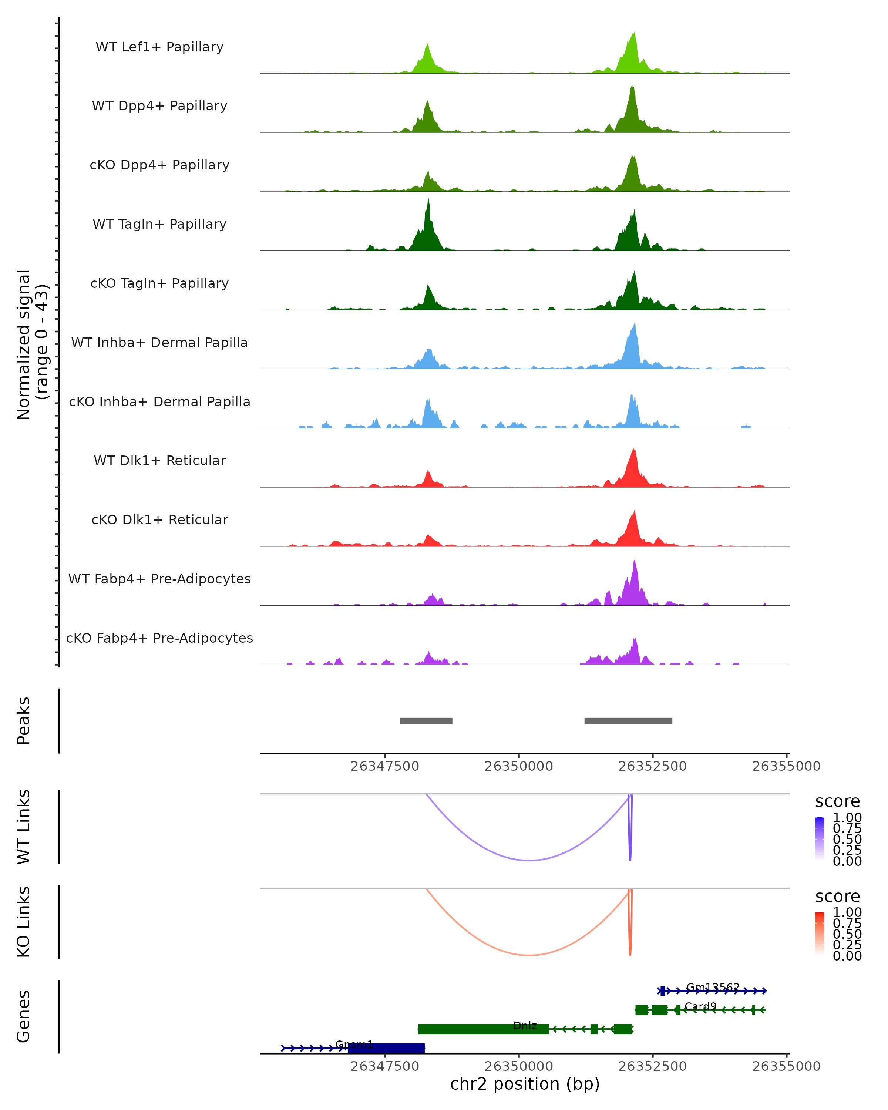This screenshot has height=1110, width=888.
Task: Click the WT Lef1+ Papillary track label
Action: [159, 47]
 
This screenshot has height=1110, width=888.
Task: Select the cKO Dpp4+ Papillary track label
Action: [159, 165]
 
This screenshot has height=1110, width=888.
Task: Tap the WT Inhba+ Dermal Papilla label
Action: [159, 342]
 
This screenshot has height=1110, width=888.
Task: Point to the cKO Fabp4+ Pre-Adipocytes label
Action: [159, 638]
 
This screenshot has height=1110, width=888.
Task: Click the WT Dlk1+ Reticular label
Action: [159, 460]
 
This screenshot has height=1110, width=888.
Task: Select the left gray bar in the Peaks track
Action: [426, 721]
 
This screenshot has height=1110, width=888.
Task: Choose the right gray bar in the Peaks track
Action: [628, 721]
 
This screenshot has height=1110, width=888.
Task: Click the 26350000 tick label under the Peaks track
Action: [519, 766]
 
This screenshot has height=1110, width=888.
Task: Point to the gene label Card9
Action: [700, 1006]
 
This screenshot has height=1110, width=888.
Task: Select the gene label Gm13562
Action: [713, 987]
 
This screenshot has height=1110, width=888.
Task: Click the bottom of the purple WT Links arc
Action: [529, 860]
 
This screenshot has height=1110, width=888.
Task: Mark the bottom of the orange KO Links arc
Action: [529, 955]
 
